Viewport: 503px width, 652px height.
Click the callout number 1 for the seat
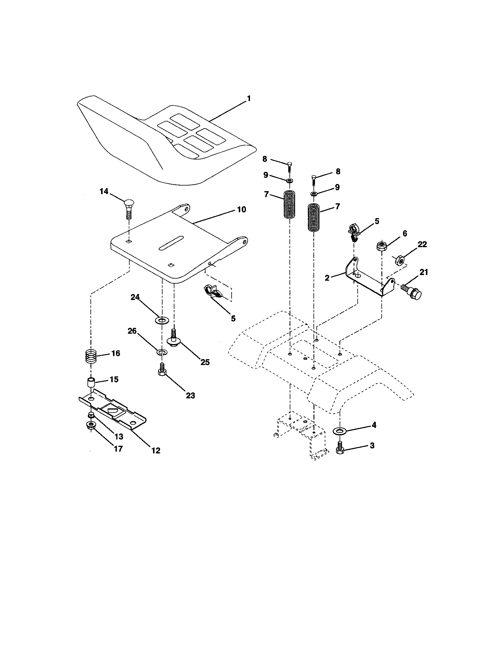(x=249, y=99)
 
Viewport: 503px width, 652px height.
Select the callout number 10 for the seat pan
(x=241, y=210)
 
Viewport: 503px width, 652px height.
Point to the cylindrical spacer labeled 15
(x=90, y=382)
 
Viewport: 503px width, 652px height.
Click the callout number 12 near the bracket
(x=156, y=450)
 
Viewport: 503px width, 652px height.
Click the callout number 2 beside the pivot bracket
(x=327, y=278)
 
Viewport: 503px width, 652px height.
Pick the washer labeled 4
(x=339, y=431)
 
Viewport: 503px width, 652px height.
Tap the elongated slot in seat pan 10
(x=171, y=243)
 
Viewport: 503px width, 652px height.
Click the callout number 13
(x=119, y=437)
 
